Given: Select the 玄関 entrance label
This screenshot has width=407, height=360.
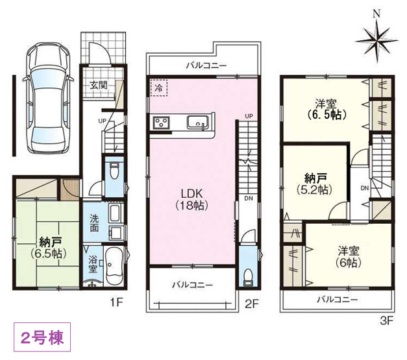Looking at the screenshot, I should pos(98,84).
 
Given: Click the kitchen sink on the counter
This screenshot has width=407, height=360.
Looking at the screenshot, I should pos(197,121).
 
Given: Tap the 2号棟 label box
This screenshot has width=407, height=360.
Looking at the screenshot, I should pos(38,337).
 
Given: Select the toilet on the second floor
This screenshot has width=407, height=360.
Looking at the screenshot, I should pos(247,276).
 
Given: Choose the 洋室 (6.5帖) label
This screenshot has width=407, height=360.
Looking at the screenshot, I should pos(325,109).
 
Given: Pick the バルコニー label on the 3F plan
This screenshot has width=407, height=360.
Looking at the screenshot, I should pos(337,299).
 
